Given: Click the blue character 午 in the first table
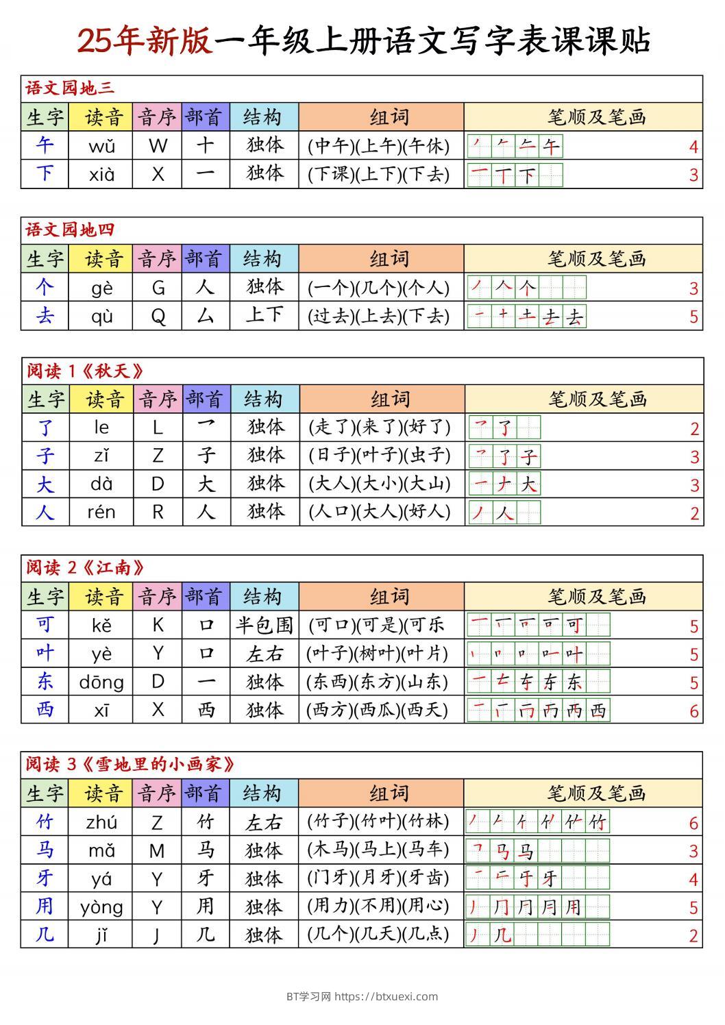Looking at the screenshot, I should [45, 146].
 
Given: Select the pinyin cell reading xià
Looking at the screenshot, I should [101, 175].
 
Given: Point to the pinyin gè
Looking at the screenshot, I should [101, 288].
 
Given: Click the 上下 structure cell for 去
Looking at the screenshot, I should [264, 315].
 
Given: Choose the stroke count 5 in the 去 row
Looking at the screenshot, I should [693, 317].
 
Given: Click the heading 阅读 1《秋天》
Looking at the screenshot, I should [86, 371].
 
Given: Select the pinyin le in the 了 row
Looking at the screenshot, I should [101, 428].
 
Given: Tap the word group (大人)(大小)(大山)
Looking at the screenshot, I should [380, 484].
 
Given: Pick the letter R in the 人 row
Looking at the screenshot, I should [158, 512].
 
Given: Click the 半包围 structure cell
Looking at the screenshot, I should [264, 625].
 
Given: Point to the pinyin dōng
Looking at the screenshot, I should [101, 682].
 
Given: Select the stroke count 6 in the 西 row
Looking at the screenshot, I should [693, 711].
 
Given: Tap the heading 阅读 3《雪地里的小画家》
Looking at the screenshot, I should [130, 765].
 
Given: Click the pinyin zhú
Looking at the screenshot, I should [101, 822].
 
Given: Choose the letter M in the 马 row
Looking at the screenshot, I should [158, 851].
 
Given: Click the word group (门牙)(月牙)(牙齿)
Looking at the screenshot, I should [378, 878].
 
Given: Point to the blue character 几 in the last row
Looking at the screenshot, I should [45, 935].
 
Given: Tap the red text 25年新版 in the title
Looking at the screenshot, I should [144, 41].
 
